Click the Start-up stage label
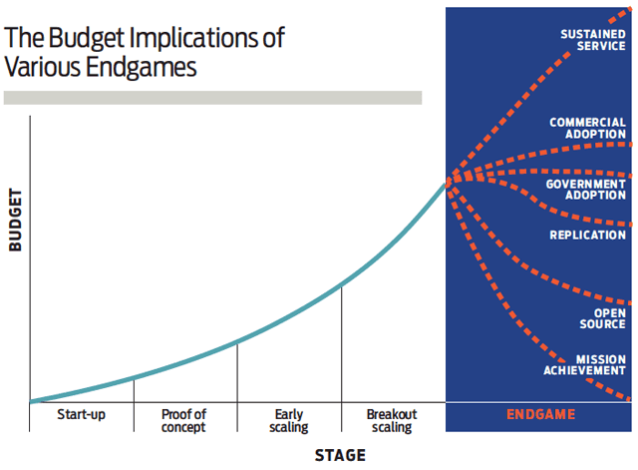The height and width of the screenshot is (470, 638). click(82, 414)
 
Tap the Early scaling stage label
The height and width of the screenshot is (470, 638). click(289, 420)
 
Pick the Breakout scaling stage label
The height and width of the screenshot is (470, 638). click(392, 420)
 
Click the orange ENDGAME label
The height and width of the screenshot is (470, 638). click(540, 414)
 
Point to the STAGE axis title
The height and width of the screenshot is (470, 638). click(340, 456)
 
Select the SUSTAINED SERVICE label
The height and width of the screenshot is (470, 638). click(594, 39)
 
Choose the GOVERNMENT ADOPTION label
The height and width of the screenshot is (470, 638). click(586, 190)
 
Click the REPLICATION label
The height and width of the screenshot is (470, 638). click(588, 235)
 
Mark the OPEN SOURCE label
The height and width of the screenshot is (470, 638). click(603, 317)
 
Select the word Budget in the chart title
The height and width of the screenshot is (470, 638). click(76, 39)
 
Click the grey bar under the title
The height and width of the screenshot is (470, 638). click(212, 98)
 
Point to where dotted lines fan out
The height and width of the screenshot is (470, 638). click(449, 179)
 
